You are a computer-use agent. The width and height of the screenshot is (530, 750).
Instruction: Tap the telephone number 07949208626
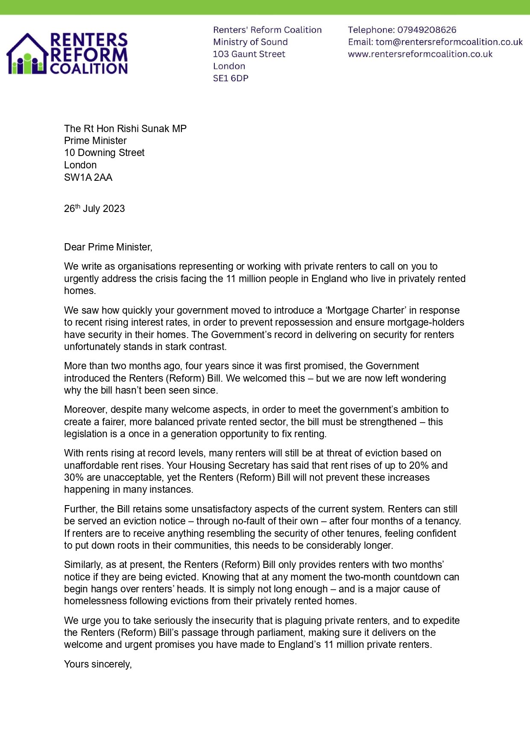(426, 30)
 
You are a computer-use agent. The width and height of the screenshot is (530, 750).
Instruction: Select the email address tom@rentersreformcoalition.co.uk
(449, 42)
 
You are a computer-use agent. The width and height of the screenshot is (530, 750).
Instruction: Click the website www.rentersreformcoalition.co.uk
(420, 54)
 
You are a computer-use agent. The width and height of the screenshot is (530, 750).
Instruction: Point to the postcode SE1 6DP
(231, 78)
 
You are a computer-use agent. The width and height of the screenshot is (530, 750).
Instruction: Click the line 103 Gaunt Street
(249, 54)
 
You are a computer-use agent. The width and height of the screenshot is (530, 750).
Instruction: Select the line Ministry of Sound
(250, 42)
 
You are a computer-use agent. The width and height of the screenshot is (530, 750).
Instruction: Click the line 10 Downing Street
(104, 153)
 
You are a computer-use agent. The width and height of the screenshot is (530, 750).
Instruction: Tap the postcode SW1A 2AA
(88, 177)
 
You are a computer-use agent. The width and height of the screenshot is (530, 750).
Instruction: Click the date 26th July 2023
(94, 209)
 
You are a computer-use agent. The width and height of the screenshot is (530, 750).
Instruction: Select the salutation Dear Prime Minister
(108, 247)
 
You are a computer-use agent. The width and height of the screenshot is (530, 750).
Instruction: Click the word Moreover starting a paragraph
(85, 409)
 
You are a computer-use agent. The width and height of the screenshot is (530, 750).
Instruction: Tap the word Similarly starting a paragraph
(83, 565)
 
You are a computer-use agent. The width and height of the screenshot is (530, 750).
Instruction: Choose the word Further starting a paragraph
(80, 509)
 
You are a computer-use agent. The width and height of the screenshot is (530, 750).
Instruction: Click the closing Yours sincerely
(98, 664)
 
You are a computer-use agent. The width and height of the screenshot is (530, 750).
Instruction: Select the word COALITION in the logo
(89, 68)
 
